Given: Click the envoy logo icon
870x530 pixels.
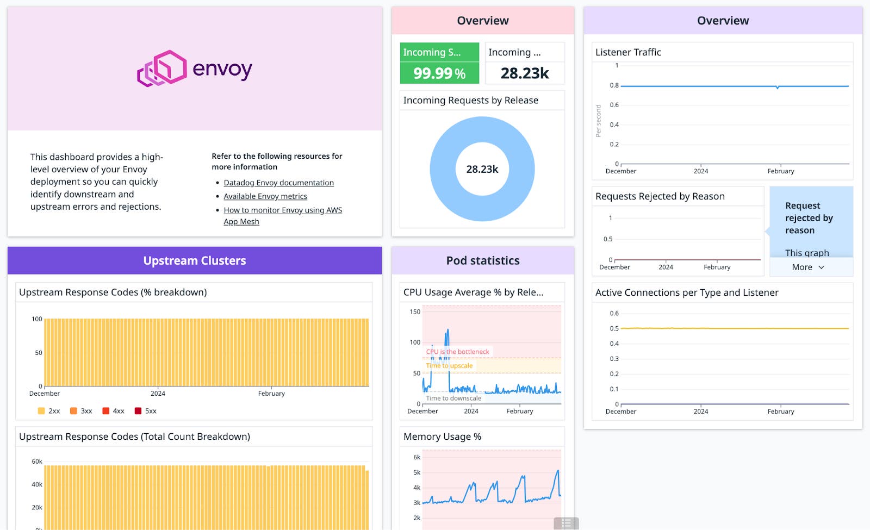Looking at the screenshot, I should (x=161, y=68).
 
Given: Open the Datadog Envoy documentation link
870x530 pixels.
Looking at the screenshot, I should (x=278, y=183).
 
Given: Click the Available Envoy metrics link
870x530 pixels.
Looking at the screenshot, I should (x=265, y=196).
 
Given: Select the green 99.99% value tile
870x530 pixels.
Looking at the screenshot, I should (x=439, y=73).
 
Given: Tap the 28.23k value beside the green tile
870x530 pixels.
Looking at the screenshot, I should (x=524, y=73).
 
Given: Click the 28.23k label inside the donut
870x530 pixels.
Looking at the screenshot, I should (x=482, y=169).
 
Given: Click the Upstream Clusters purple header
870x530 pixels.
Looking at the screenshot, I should (x=195, y=260).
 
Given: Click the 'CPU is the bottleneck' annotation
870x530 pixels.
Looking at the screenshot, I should (x=457, y=352).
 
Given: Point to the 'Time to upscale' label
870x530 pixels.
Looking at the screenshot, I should (x=449, y=366).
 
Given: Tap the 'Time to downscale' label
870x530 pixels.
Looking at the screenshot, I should (x=453, y=398).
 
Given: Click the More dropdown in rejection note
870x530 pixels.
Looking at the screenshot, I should (x=808, y=267).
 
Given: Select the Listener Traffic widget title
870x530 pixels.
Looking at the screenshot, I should (x=628, y=52).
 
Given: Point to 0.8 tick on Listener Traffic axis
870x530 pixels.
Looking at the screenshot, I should (x=614, y=85).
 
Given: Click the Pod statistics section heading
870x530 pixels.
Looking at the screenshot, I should (x=483, y=260).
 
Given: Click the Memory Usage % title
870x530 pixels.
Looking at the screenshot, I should (x=442, y=437).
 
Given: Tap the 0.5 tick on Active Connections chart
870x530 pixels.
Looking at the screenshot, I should (x=614, y=328).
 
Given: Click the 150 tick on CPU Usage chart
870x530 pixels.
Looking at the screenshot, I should (x=415, y=311).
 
